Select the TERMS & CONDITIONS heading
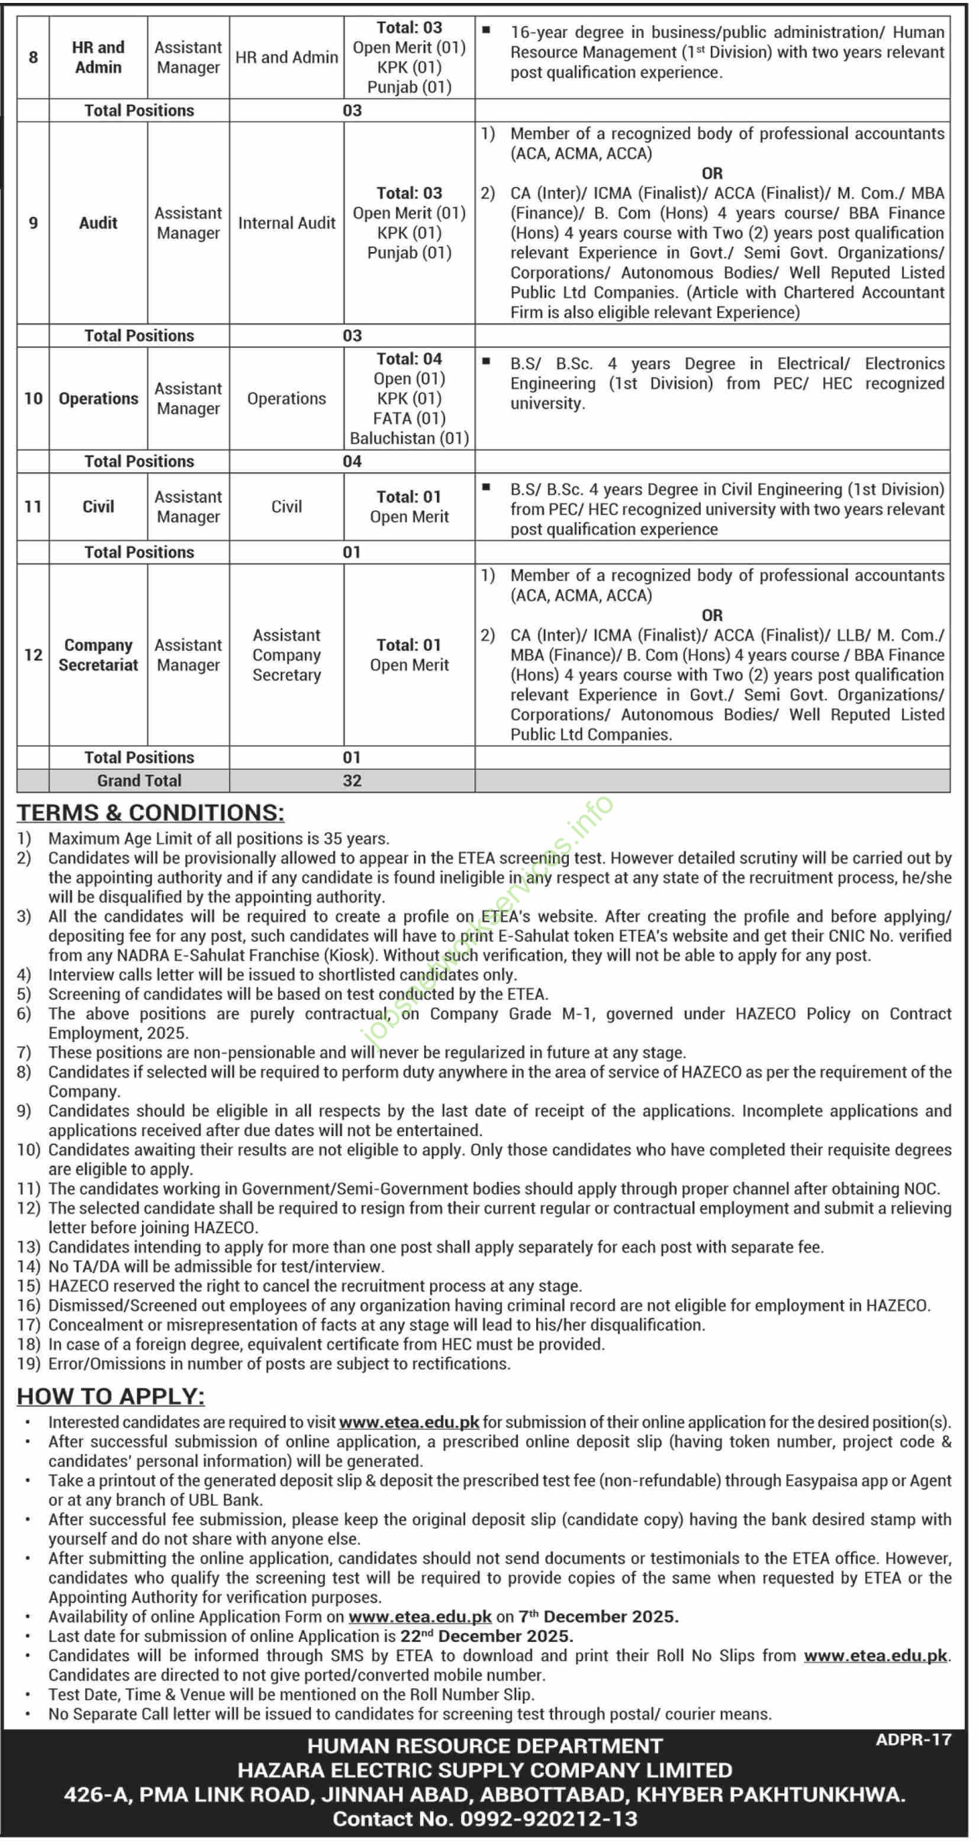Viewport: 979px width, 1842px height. pyautogui.click(x=150, y=812)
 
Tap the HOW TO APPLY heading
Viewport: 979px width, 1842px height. pyautogui.click(x=111, y=1396)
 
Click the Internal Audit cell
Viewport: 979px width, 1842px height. pyautogui.click(x=286, y=223)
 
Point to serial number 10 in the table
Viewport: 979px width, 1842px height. pyautogui.click(x=33, y=398)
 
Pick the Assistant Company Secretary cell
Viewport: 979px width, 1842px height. pyautogui.click(x=286, y=655)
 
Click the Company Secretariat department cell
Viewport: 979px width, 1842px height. pyautogui.click(x=98, y=655)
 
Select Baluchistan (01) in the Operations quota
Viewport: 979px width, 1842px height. pyautogui.click(x=409, y=438)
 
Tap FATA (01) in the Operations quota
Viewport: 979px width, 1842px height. pyautogui.click(x=409, y=418)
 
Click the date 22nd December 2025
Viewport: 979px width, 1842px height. pyautogui.click(x=505, y=1636)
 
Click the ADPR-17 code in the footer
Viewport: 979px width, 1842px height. pyautogui.click(x=913, y=1740)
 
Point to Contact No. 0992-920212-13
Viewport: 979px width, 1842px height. pyautogui.click(x=485, y=1818)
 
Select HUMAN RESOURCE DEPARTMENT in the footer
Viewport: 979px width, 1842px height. pyautogui.click(x=485, y=1746)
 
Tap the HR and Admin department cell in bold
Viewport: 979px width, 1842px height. pyautogui.click(x=98, y=57)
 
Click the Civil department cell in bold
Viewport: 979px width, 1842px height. pyautogui.click(x=98, y=507)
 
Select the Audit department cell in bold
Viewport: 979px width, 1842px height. pyautogui.click(x=98, y=223)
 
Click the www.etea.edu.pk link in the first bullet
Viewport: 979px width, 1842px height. pyautogui.click(x=408, y=1422)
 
